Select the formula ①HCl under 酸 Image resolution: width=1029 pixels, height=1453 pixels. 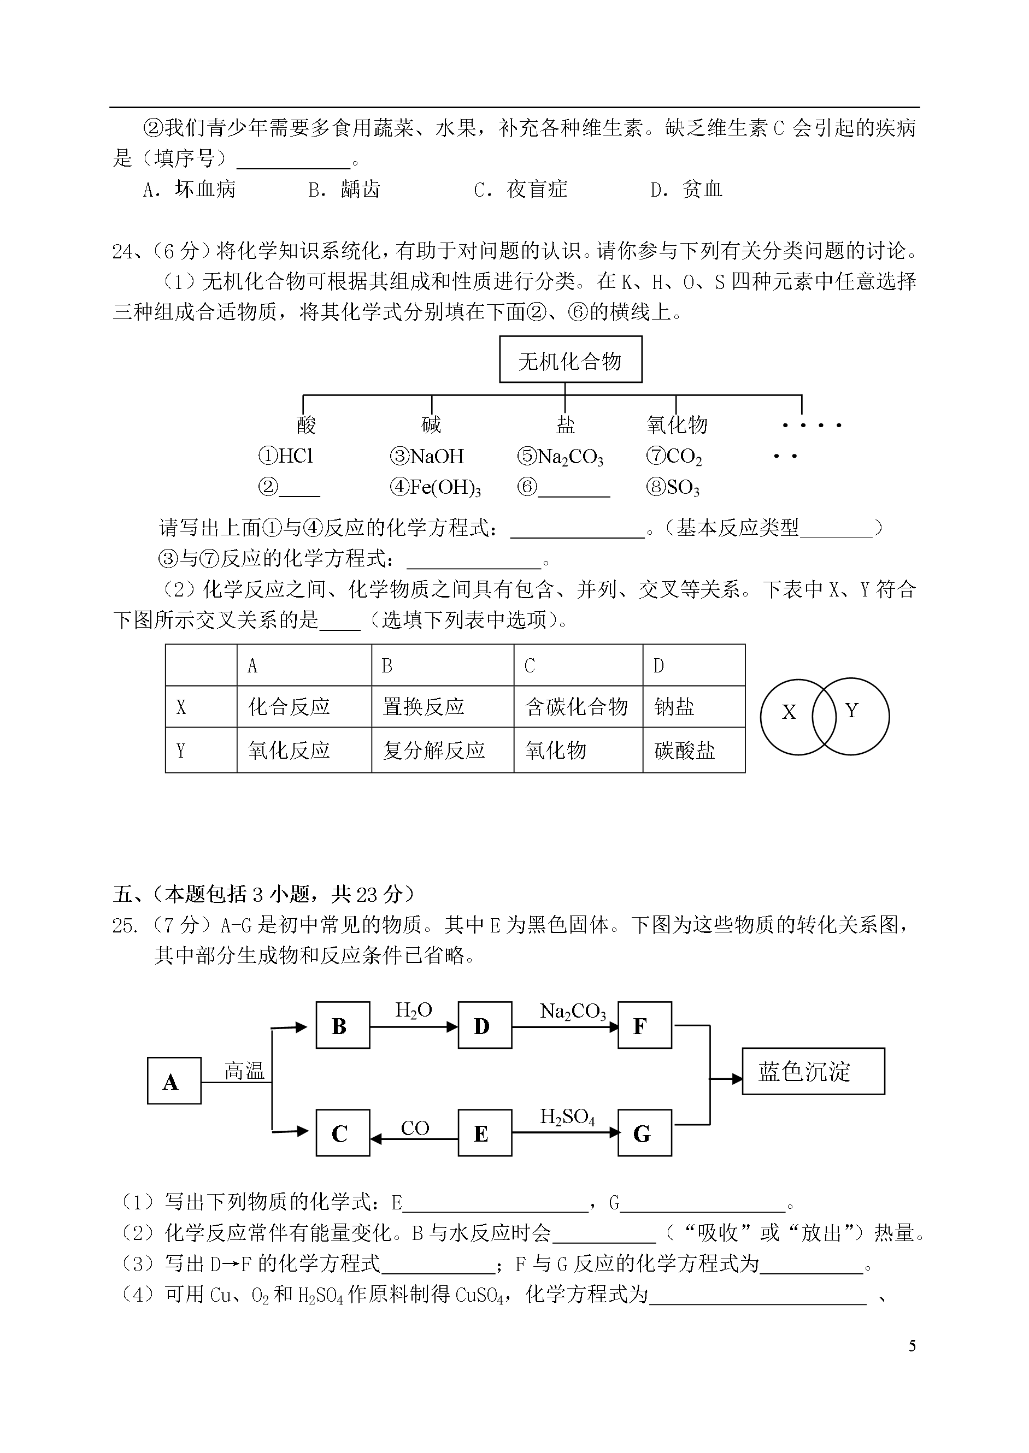pos(286,456)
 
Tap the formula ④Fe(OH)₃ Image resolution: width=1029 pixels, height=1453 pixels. pos(436,487)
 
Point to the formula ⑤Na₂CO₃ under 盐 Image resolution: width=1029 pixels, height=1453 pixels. pos(560,457)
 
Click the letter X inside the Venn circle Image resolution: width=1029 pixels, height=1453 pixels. pos(789,712)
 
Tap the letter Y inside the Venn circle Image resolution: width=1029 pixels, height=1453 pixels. pos(851,711)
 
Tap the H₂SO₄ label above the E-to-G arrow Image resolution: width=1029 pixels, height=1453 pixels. pos(567,1117)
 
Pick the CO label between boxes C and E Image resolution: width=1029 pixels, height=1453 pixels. pos(415,1128)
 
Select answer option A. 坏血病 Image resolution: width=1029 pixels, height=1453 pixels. pos(190,190)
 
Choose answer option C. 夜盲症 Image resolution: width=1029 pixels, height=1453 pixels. pos(520,190)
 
